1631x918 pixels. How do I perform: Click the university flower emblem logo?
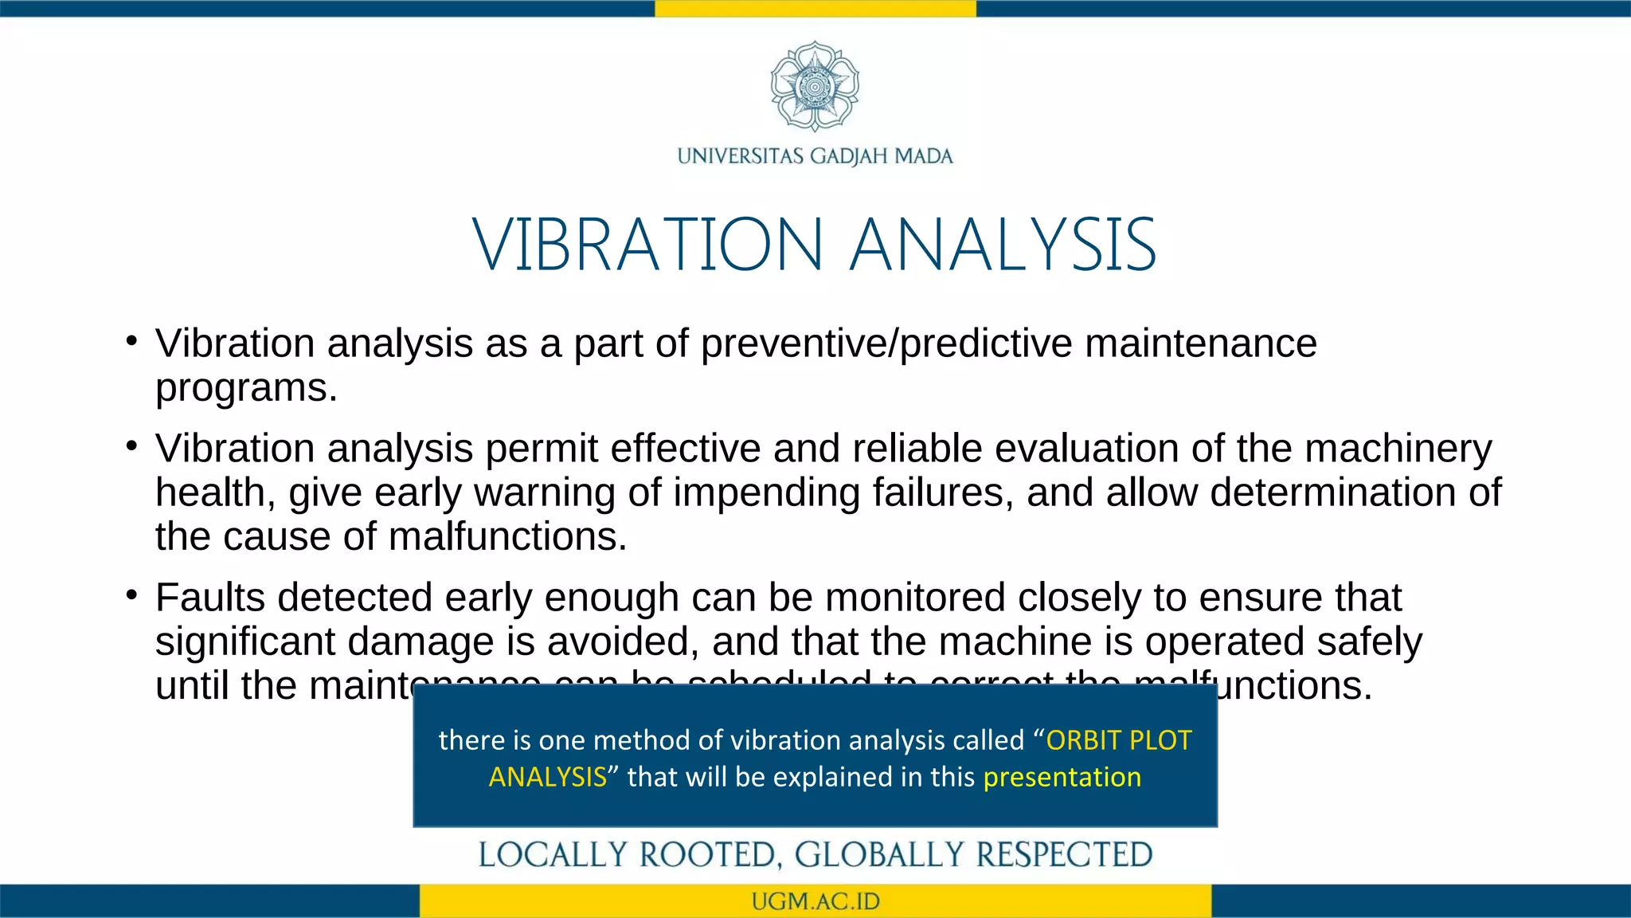point(815,86)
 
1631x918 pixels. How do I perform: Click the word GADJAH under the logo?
point(849,156)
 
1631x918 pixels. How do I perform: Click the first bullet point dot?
point(132,342)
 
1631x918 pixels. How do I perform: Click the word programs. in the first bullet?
point(246,388)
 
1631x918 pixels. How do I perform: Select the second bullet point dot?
point(132,446)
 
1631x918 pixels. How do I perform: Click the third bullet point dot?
point(132,595)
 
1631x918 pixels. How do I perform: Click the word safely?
point(1369,641)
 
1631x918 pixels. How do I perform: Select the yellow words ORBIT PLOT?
point(1118,740)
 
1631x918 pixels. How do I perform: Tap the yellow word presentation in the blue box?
point(1062,777)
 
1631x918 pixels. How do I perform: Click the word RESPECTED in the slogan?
point(1064,855)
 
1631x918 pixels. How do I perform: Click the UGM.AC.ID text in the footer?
point(815,901)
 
